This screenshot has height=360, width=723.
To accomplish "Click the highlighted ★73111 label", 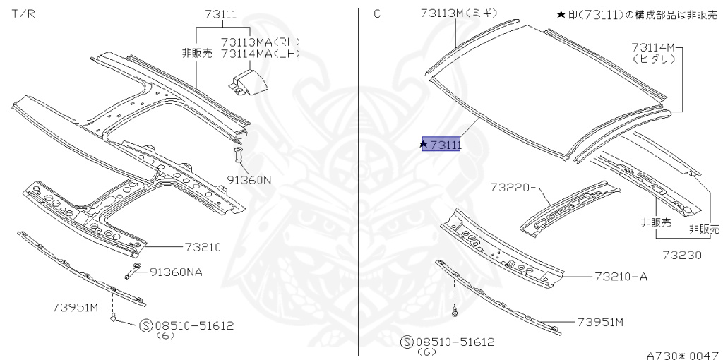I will coord(441,145).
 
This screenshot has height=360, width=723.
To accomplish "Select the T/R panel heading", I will coord(21,13).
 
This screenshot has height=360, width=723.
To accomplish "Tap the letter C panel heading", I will coord(376,13).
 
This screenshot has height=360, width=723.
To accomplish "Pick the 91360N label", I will coord(249,180).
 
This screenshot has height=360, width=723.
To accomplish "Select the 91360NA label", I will coord(175,272).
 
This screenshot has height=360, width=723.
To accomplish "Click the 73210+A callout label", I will coord(621,277).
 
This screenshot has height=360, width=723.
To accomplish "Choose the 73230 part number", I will coord(682,255).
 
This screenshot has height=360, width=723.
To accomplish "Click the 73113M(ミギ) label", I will coord(458,13).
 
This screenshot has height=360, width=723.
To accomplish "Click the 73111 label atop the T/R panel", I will coord(221,13).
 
